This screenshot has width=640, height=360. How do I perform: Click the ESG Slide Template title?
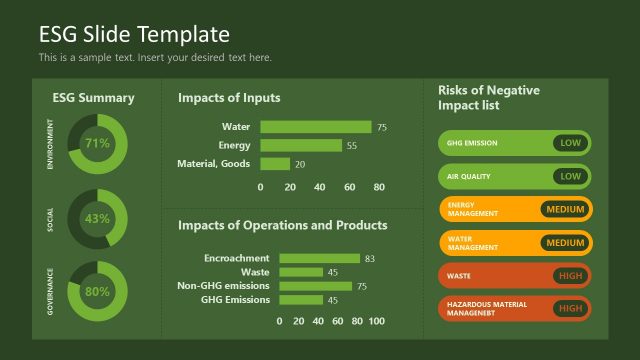tap(134, 35)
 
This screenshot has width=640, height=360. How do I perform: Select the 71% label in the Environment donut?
tap(97, 143)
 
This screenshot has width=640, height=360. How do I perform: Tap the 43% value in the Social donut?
tap(97, 218)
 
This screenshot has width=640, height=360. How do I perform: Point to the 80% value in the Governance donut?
tap(97, 292)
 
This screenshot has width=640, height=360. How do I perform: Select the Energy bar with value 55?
tap(301, 145)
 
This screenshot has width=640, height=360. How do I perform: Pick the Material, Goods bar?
tap(275, 164)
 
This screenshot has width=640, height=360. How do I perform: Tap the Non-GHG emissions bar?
tap(316, 286)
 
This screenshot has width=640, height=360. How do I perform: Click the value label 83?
tap(370, 258)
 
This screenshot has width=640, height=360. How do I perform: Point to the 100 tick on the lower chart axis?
tap(376, 321)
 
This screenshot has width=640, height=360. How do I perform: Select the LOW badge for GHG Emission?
tap(570, 143)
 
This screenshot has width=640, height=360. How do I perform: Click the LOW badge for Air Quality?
tap(570, 176)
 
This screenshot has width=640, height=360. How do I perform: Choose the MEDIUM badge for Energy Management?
tap(565, 209)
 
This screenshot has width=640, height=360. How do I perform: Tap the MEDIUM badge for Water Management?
tap(565, 243)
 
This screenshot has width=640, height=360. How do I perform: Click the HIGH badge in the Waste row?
tap(570, 275)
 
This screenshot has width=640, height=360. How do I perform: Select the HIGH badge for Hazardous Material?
tap(570, 308)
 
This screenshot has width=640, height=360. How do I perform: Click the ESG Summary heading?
tap(93, 98)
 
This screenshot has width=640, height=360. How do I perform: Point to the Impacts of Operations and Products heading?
tap(283, 225)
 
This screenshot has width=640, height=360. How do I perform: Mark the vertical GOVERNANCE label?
tap(50, 292)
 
